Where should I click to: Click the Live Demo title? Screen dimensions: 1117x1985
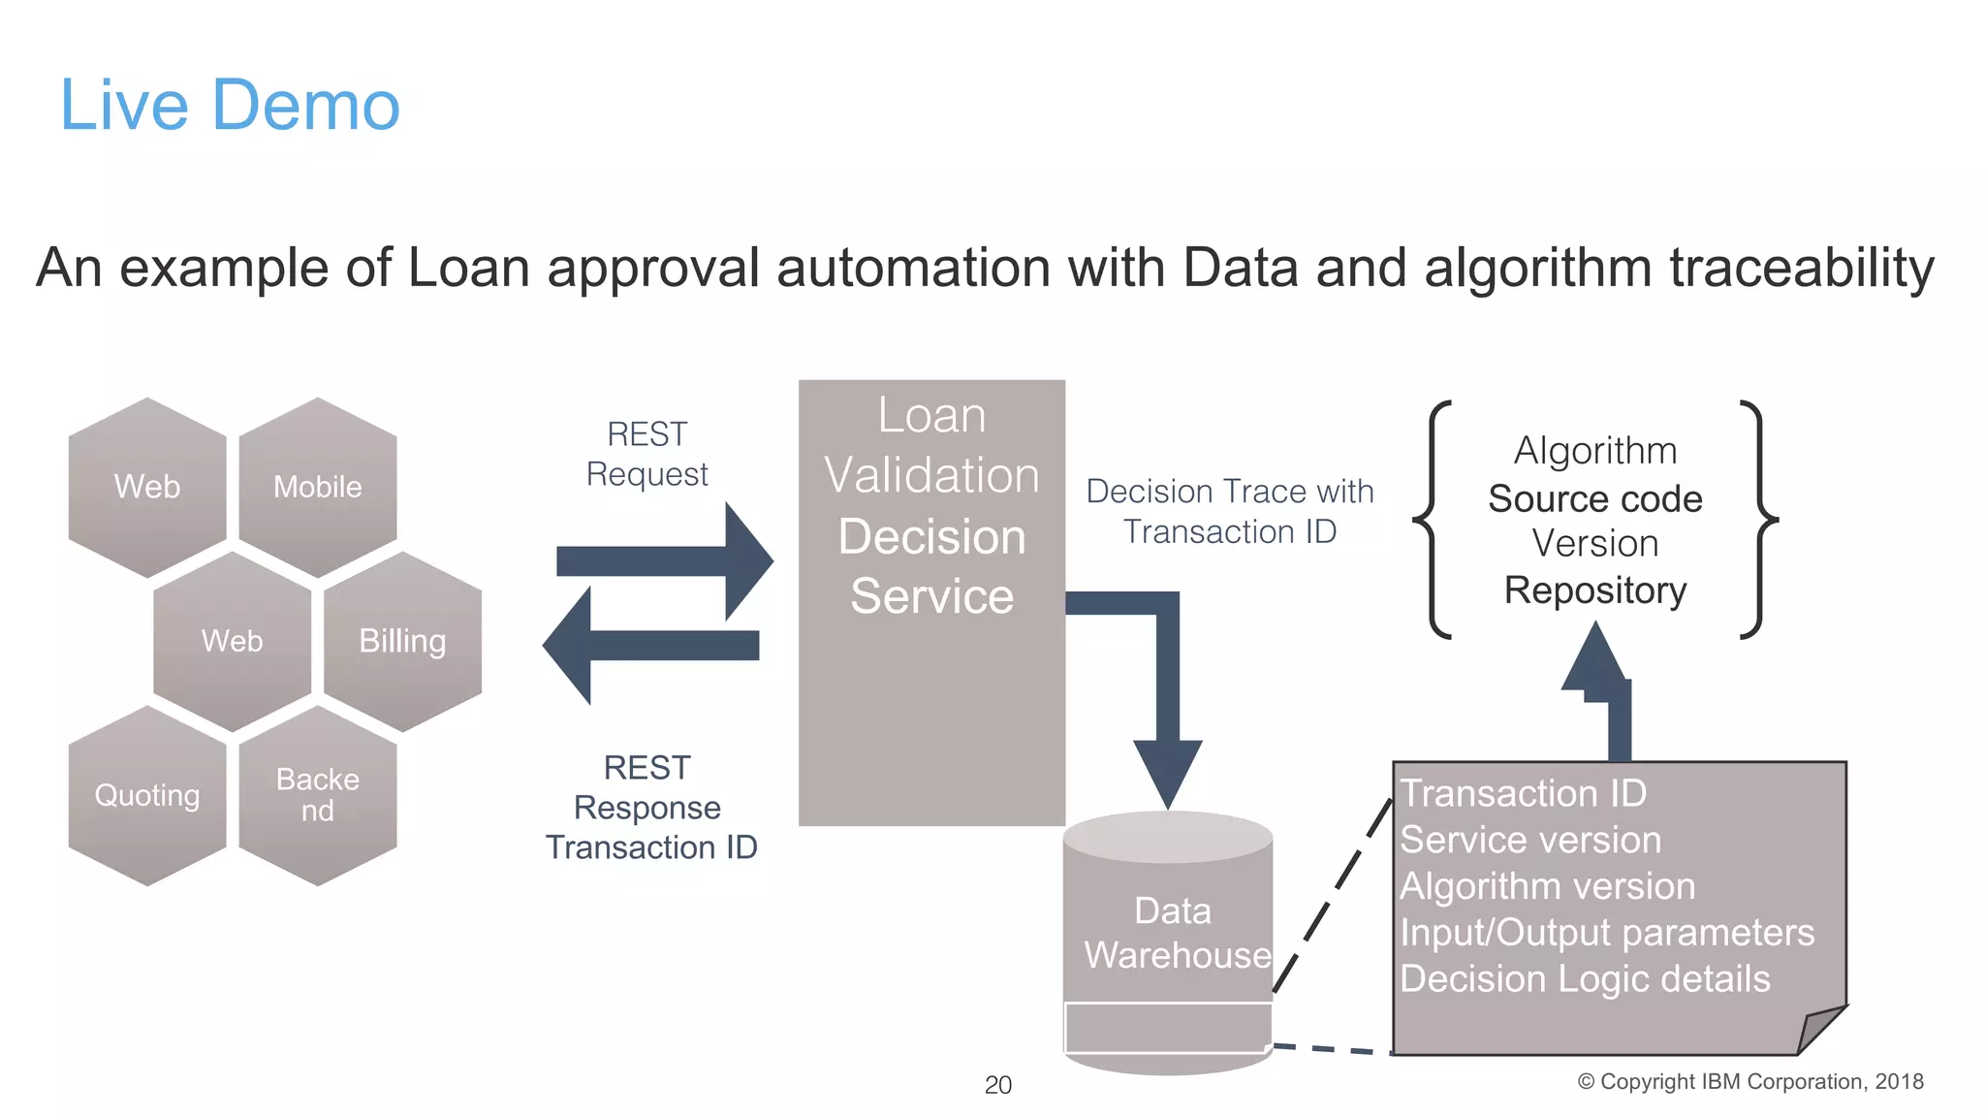[230, 105]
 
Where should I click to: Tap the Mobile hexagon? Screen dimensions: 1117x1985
[317, 486]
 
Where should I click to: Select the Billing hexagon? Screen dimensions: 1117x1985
[402, 641]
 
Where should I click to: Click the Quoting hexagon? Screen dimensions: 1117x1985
[147, 795]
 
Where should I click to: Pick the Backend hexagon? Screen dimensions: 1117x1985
[317, 795]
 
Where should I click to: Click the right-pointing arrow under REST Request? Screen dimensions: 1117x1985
[669, 561]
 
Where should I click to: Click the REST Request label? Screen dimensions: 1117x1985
[646, 454]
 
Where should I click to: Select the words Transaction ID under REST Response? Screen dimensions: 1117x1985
[650, 847]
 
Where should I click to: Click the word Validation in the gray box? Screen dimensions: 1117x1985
[931, 475]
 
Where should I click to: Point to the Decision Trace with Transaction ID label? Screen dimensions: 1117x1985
[1229, 511]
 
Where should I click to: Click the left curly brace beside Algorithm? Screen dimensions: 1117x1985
[1433, 520]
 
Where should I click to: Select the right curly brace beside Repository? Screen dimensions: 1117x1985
[1758, 520]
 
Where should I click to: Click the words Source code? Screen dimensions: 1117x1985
[1594, 498]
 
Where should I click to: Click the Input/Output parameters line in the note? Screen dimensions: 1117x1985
[1606, 933]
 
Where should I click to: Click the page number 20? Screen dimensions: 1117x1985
[997, 1085]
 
